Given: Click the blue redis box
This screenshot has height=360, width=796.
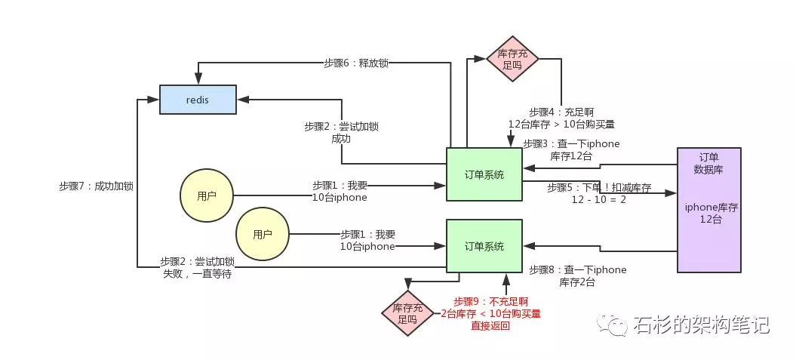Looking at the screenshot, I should tap(198, 100).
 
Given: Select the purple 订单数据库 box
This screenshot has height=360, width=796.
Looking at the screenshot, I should tap(708, 209).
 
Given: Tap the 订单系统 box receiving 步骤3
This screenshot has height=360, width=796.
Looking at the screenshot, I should tap(484, 174).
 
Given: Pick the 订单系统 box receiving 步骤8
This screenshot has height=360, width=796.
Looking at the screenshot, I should tap(484, 246).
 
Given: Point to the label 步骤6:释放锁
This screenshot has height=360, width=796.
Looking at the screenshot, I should tap(355, 63).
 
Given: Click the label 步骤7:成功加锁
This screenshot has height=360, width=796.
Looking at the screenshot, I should tap(96, 186).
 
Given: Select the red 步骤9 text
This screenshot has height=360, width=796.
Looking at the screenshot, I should tap(490, 313).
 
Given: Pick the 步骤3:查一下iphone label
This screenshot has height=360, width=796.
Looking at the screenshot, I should tap(571, 149).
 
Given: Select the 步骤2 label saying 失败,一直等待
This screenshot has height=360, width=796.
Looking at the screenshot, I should tap(197, 268).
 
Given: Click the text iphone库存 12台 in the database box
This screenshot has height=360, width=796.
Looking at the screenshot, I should tap(708, 212).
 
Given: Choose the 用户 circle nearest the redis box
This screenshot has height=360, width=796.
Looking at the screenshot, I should tap(207, 196).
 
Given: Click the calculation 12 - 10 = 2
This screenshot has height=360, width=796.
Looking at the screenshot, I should tap(598, 199).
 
